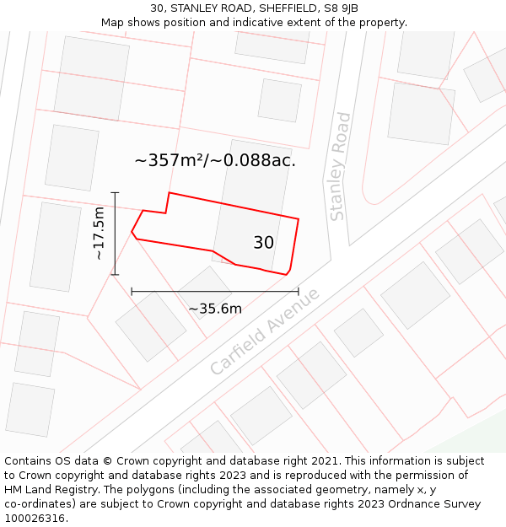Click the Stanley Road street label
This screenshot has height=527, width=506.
339,167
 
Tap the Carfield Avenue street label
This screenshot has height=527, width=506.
265,331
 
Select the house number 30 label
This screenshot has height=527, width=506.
263,243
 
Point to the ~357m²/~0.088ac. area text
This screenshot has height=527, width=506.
215,160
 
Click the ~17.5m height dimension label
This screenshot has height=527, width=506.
99,233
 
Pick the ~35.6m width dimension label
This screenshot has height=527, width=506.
215,309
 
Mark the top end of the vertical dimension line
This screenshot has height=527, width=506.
116,193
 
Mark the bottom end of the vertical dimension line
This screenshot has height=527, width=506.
116,275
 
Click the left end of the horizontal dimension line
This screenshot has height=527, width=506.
132,292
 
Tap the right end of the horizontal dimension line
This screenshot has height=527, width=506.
299,292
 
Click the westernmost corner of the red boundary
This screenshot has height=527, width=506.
132,231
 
